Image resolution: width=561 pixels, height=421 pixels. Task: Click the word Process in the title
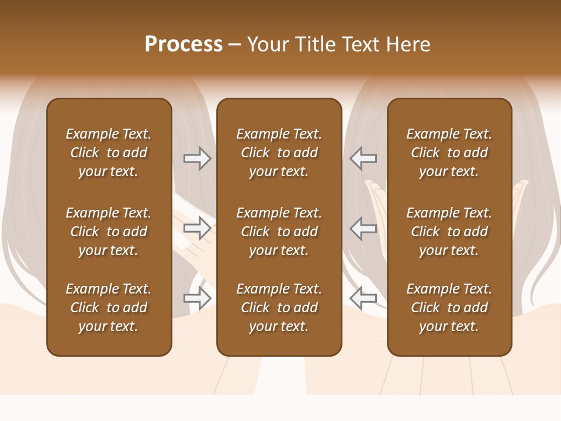pos(183,44)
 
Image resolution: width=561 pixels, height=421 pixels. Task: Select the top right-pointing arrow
pos(198,158)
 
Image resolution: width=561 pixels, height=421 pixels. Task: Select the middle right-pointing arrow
pos(198,228)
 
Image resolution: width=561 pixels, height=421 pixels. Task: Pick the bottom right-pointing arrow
pos(198,298)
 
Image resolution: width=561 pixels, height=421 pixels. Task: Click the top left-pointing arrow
pos(363,158)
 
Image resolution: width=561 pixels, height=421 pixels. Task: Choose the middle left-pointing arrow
pos(363,228)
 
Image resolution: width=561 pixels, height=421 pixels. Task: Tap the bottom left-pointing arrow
pos(363,298)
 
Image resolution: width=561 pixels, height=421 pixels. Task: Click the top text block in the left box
pos(109,153)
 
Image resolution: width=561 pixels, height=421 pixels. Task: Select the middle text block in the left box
pos(109,232)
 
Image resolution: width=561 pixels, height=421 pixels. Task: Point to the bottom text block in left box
pos(109,308)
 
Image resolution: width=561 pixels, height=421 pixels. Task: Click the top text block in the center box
pos(279,153)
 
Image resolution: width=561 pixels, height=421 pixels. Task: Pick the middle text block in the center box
pos(279,232)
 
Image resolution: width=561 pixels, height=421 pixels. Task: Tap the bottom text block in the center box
pos(279,308)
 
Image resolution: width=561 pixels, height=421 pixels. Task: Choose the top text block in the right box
pos(449,153)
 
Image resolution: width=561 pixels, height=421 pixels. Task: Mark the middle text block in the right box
pos(449,232)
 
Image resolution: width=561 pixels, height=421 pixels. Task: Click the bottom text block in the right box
pos(449,308)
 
